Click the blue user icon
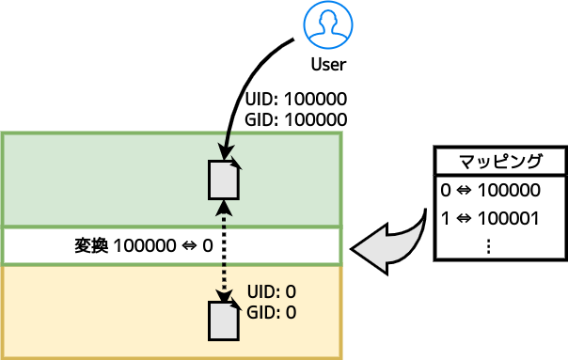[328, 25]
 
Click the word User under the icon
[328, 65]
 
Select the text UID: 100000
[296, 100]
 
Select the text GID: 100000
[296, 119]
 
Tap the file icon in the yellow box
[223, 320]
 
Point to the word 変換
[92, 246]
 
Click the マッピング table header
[499, 160]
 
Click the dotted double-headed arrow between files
[224, 249]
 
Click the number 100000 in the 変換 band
[144, 246]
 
